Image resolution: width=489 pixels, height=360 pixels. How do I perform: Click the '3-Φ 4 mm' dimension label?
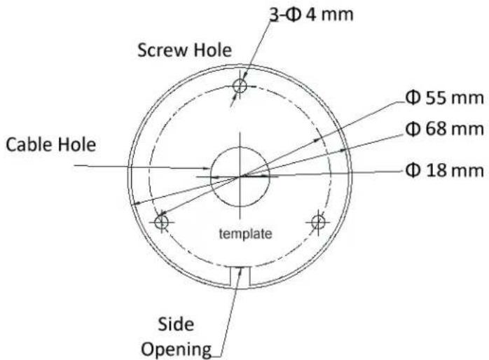pos(311,15)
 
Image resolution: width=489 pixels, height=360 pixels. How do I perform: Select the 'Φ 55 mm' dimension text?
pos(444,98)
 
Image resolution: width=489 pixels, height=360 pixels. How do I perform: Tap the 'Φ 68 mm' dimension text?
pos(444,128)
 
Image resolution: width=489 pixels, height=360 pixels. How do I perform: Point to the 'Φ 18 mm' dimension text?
pos(444,170)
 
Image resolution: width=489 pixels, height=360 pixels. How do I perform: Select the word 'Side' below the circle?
pos(176,324)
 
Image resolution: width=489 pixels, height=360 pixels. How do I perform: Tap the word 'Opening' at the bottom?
pos(177,349)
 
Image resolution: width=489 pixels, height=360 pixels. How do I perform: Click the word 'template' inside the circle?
pos(245,234)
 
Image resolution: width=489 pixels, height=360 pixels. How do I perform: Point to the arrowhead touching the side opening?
pos(240,271)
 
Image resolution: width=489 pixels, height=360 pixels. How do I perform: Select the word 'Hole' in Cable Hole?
pos(77,145)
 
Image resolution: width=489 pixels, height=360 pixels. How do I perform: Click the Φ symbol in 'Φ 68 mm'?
pos(413,128)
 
